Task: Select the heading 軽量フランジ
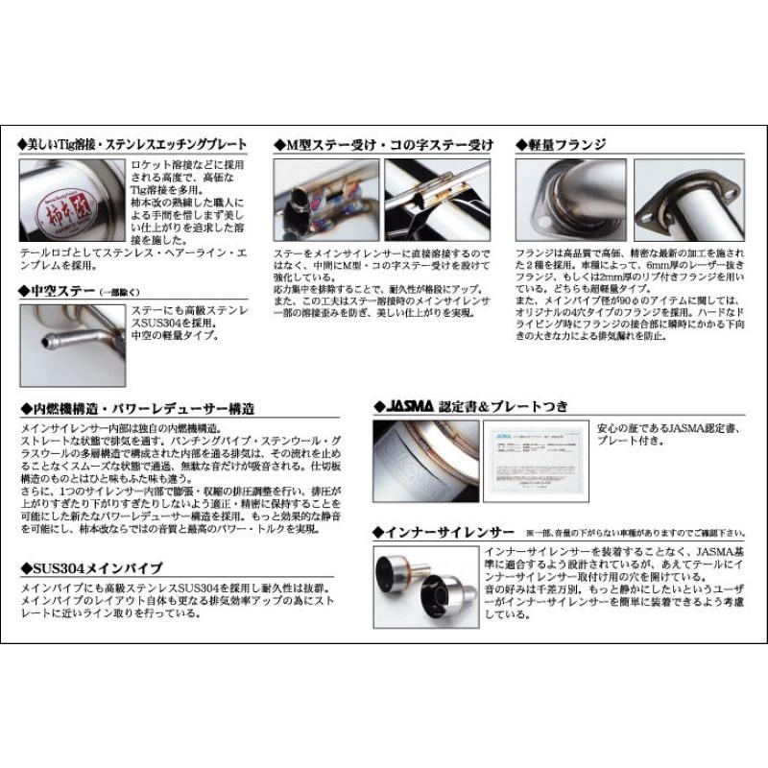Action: coord(566,144)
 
